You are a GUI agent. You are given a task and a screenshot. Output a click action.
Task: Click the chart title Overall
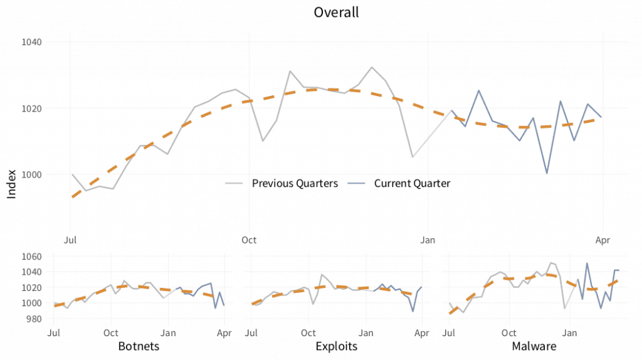(x=336, y=13)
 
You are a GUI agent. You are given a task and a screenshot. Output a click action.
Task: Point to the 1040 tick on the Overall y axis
(x=31, y=43)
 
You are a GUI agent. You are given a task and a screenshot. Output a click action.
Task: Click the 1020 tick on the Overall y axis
(x=31, y=109)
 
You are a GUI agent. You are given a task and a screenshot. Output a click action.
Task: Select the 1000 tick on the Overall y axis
(x=31, y=174)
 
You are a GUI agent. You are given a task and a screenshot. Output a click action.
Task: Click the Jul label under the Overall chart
(x=71, y=240)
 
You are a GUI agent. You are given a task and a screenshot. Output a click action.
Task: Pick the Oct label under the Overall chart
(x=249, y=240)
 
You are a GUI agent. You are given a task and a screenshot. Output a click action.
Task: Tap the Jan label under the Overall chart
(x=428, y=240)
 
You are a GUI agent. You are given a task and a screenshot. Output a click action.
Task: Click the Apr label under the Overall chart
(x=603, y=240)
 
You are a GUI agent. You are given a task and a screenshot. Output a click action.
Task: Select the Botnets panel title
(x=139, y=346)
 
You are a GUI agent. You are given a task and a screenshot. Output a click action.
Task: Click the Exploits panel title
(x=337, y=346)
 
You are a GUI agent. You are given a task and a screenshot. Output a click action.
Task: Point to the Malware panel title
(x=534, y=346)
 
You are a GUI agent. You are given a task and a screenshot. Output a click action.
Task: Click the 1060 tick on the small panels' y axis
(x=33, y=257)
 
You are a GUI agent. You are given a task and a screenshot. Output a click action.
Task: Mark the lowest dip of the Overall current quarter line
(x=547, y=173)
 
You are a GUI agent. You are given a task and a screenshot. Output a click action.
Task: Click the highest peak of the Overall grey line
(x=372, y=67)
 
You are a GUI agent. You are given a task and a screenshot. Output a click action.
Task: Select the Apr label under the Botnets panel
(x=224, y=332)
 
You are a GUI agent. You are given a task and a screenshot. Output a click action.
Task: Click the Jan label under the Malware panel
(x=570, y=332)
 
